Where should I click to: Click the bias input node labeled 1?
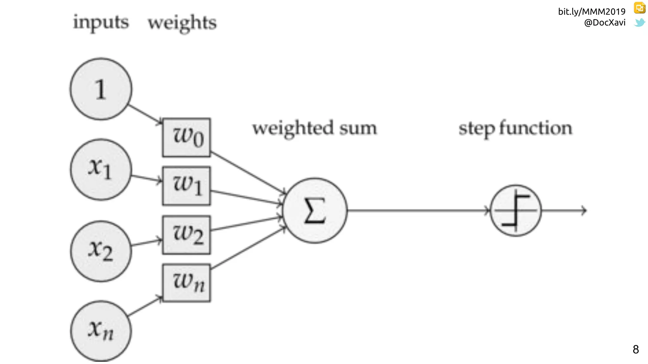tap(101, 89)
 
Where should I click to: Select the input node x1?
tap(101, 170)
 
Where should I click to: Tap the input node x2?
tap(101, 251)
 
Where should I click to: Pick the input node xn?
tap(101, 331)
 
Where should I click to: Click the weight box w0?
tap(186, 137)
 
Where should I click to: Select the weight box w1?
tap(186, 186)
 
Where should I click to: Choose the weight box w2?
tap(186, 235)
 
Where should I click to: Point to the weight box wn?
tap(186, 283)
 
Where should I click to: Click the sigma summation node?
tap(315, 210)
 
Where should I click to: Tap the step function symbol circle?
tap(516, 210)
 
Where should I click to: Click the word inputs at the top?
tap(101, 23)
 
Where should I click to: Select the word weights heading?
tap(182, 23)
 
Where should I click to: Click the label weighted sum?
tap(315, 128)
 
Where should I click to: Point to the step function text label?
tap(515, 129)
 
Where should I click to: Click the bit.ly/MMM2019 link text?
tap(591, 12)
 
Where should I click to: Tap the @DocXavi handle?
tap(604, 22)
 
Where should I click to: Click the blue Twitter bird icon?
tap(639, 22)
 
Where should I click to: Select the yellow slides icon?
tap(639, 8)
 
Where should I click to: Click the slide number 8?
tap(636, 349)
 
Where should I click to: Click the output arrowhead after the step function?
tap(584, 210)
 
